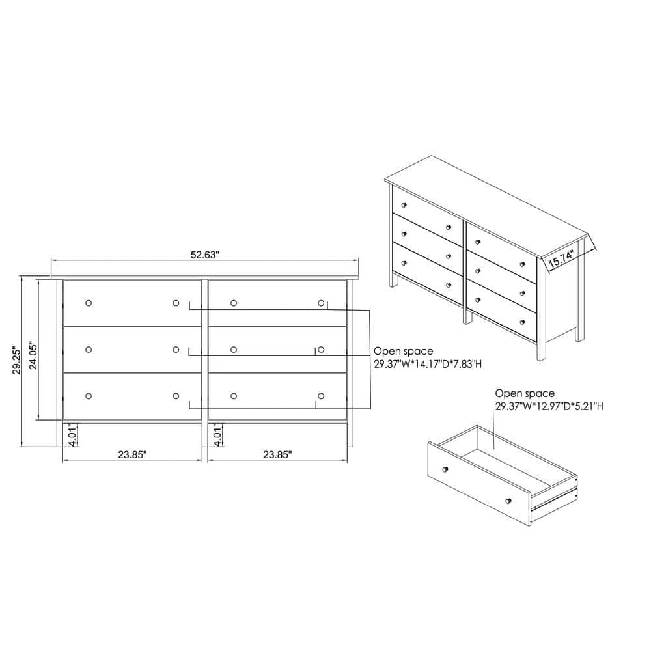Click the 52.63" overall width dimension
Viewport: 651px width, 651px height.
[204, 255]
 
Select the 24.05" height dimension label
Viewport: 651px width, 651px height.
[33, 355]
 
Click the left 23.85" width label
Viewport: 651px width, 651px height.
[132, 454]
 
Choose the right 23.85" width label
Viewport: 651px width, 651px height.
[277, 454]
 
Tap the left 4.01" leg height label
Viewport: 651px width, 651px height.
[73, 435]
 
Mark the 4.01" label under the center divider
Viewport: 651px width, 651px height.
[217, 435]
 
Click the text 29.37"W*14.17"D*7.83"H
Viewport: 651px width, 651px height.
[428, 365]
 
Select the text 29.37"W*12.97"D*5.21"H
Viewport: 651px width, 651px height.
[549, 406]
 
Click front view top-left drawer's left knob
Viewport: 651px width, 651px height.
[89, 303]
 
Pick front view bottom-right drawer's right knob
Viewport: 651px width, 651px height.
[321, 396]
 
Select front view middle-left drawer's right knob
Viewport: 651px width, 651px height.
[176, 350]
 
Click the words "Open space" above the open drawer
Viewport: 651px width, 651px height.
[525, 393]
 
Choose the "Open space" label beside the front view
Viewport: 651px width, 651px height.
[404, 352]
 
